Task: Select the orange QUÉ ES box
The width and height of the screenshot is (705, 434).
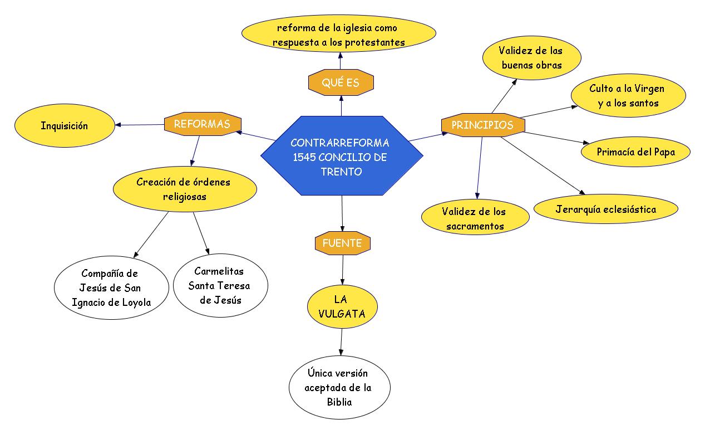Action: point(341,83)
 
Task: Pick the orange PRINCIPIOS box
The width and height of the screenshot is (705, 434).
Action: point(482,125)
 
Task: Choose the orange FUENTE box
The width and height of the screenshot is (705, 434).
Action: point(342,243)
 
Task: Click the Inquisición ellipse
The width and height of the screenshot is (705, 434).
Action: point(64,126)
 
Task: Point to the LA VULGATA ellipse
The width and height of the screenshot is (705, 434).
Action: point(342,307)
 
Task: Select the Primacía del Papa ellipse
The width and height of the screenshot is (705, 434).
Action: point(635,152)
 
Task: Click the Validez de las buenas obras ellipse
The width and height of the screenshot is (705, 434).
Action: point(531,58)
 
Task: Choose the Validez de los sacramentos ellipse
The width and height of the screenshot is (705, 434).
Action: point(475,218)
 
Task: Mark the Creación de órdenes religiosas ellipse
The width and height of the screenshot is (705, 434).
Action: point(185,189)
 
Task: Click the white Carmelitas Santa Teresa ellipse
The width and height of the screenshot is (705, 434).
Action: point(220,285)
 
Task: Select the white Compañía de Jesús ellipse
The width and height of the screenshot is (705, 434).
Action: point(111,287)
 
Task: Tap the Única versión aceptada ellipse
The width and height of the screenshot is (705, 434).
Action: point(339,387)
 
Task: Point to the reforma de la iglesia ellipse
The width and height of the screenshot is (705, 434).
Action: point(338,35)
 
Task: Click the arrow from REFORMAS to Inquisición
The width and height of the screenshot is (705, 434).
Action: point(140,125)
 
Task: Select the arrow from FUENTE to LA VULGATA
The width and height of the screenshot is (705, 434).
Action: point(342,271)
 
